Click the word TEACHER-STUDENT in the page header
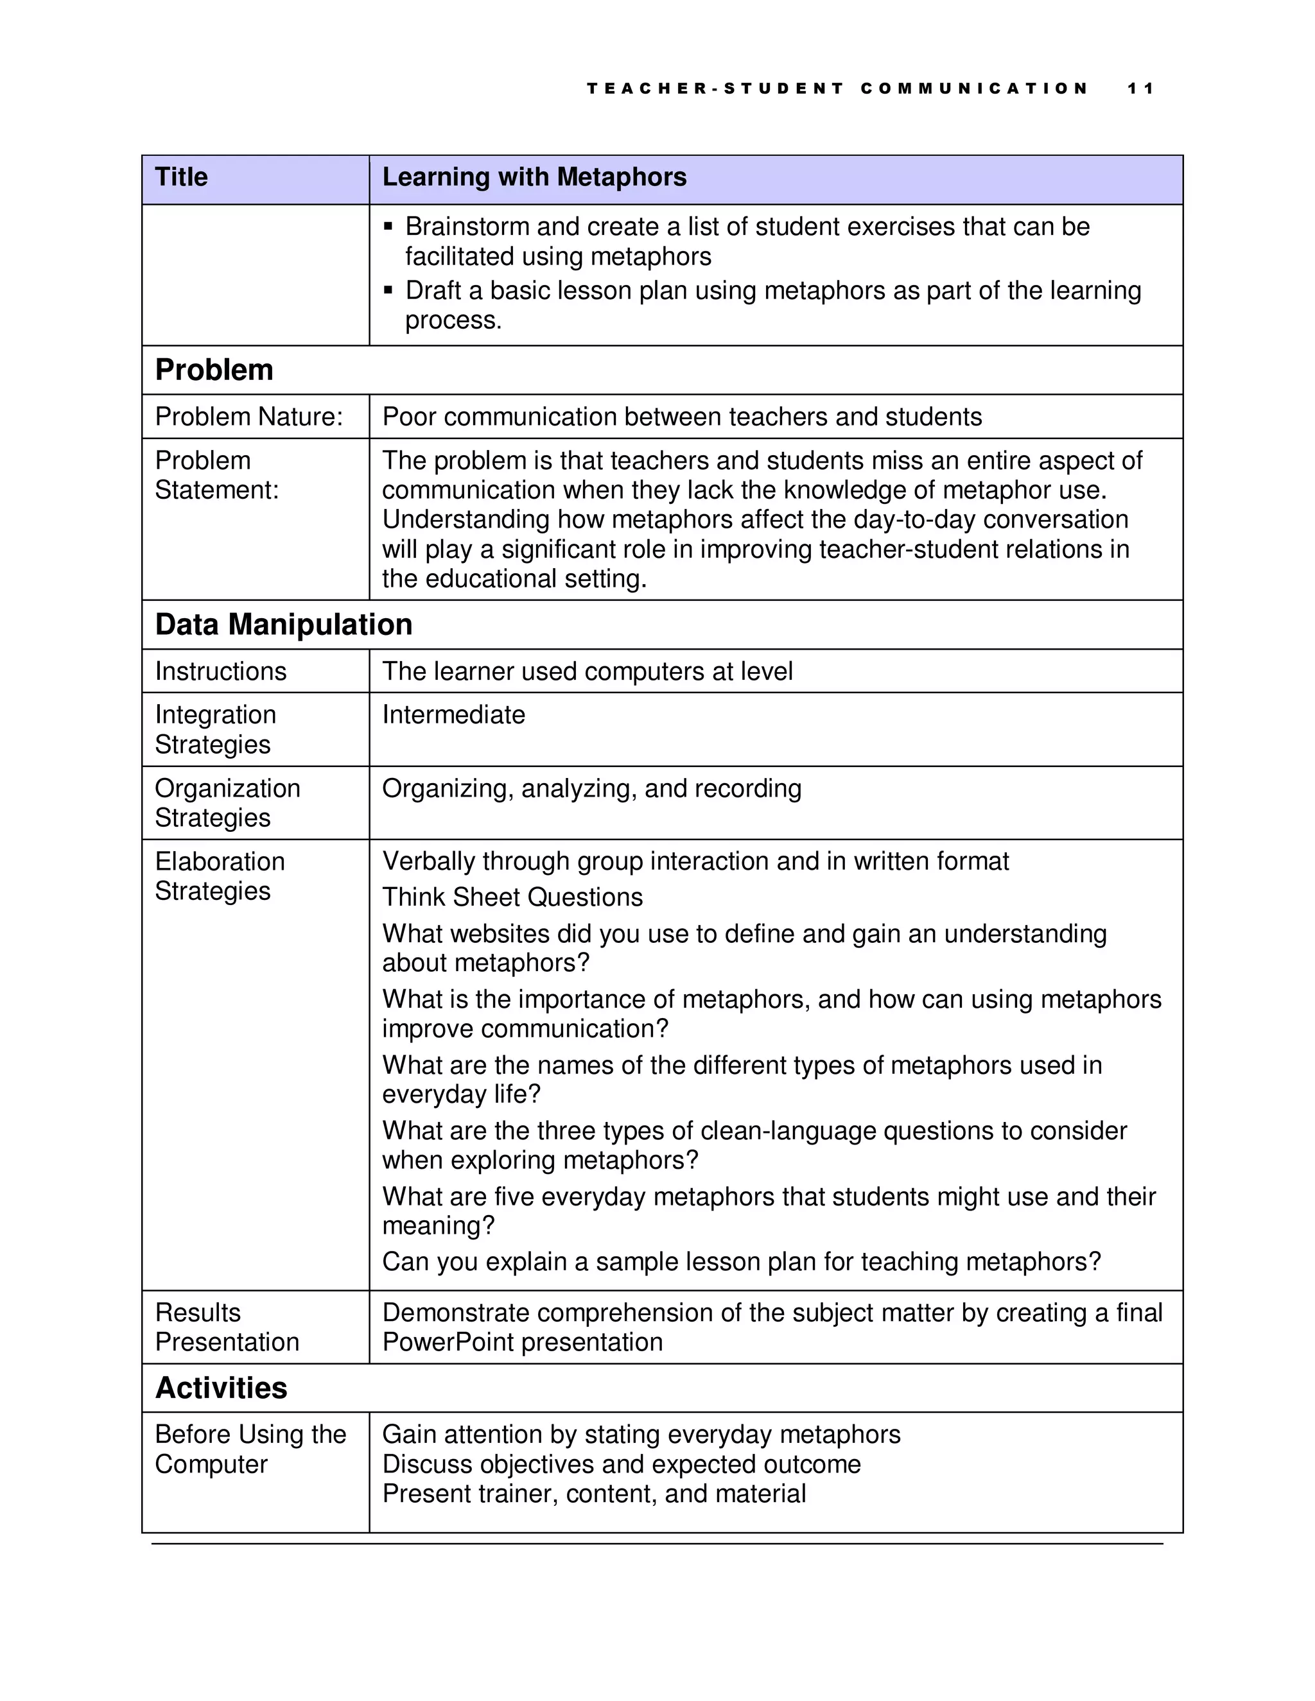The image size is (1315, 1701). pyautogui.click(x=715, y=89)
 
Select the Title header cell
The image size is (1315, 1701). pyautogui.click(x=182, y=178)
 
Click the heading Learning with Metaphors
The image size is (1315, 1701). pyautogui.click(x=534, y=178)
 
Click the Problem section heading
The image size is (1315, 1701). pyautogui.click(x=214, y=370)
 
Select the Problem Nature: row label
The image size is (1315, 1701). pyautogui.click(x=248, y=417)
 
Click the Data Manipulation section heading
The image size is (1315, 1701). pyautogui.click(x=284, y=625)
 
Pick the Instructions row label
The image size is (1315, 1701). pyautogui.click(x=220, y=671)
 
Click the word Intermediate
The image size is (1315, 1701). pyautogui.click(x=453, y=715)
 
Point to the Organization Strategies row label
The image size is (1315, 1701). pyautogui.click(x=227, y=803)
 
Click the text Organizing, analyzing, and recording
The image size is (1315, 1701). pyautogui.click(x=591, y=788)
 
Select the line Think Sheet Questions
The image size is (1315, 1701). pyautogui.click(x=512, y=897)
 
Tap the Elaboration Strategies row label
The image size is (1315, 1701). pyautogui.click(x=220, y=876)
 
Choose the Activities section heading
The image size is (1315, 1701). pyautogui.click(x=222, y=1388)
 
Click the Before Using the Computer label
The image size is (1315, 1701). pyautogui.click(x=249, y=1449)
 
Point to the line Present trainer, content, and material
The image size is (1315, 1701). pyautogui.click(x=594, y=1494)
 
